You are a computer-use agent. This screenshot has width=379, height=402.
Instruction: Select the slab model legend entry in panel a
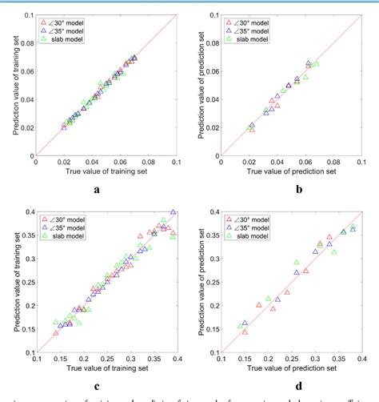70,38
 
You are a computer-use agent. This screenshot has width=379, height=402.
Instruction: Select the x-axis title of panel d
285,369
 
